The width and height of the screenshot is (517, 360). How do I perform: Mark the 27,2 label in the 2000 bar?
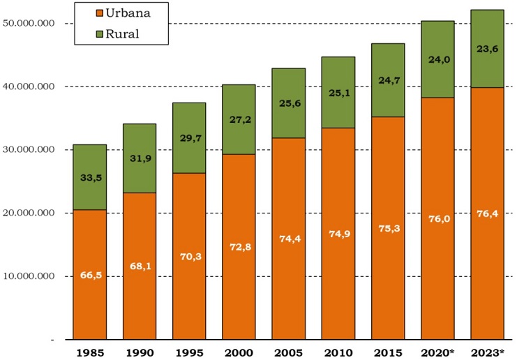(239, 119)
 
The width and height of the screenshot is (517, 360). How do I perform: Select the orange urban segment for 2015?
(387, 279)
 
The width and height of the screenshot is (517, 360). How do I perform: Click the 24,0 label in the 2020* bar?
(437, 60)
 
